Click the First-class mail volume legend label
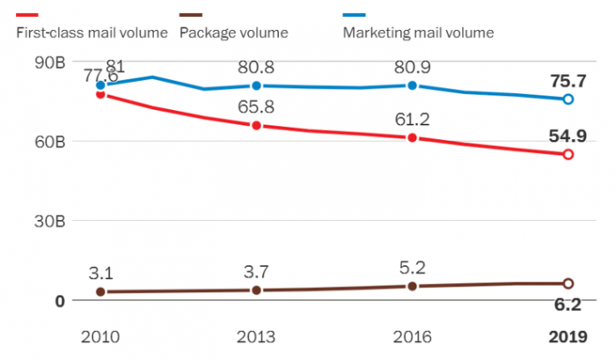(92, 33)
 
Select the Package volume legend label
(233, 33)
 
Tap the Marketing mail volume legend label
(417, 33)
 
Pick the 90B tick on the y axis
(49, 62)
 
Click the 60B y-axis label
(49, 142)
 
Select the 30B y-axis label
(49, 221)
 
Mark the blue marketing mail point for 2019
(568, 99)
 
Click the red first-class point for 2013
(257, 126)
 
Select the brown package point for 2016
(413, 286)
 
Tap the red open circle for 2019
(568, 154)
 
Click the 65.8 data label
(257, 107)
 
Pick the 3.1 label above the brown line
(101, 271)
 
